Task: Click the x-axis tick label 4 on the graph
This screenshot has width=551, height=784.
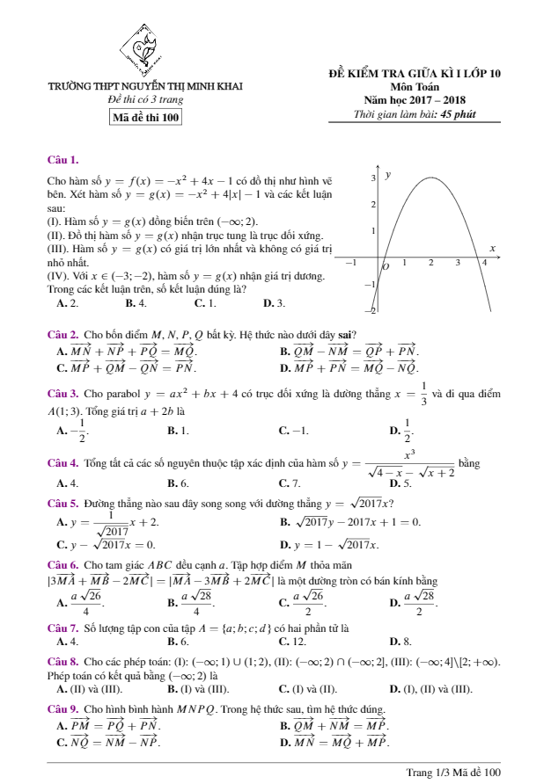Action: pos(485,262)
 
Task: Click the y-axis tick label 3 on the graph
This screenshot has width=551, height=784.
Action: pos(371,178)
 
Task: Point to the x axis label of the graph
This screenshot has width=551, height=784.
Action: pos(493,250)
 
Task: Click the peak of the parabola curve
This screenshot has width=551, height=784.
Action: pos(431,178)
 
